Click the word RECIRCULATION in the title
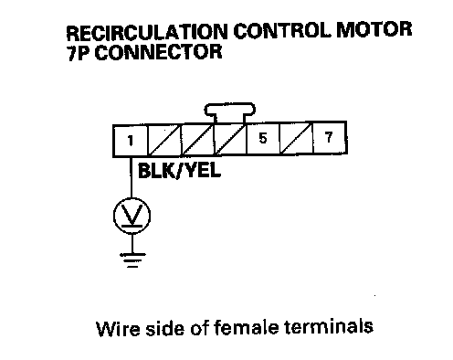click(x=147, y=32)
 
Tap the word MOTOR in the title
click(x=374, y=30)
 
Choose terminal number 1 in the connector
click(x=131, y=141)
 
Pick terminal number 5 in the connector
click(x=263, y=138)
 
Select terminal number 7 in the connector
click(x=330, y=137)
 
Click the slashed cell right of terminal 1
click(x=164, y=141)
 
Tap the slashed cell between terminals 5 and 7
click(x=296, y=138)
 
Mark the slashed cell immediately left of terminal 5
click(x=230, y=139)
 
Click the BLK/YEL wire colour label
click(x=179, y=171)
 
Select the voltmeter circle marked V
click(x=132, y=216)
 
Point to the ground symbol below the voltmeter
click(x=132, y=259)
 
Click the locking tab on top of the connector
click(x=230, y=112)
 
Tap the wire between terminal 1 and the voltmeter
click(x=132, y=177)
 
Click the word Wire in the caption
click(x=118, y=328)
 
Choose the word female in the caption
click(x=246, y=327)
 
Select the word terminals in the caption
click(x=329, y=326)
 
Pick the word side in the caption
click(x=165, y=328)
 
